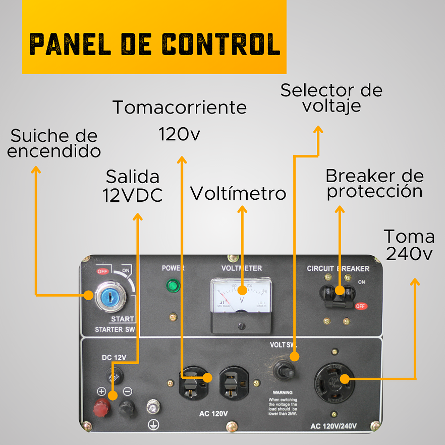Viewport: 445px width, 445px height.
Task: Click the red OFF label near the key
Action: (103, 271)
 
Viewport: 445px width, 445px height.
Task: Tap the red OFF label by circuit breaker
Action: (361, 306)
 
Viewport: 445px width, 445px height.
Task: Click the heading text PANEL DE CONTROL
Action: (154, 44)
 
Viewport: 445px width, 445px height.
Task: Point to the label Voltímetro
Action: (238, 194)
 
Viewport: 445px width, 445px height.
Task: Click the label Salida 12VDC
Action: (133, 186)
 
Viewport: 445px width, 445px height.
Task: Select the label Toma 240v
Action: (409, 245)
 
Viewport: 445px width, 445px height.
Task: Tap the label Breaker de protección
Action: (374, 184)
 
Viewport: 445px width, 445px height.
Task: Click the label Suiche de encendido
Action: (54, 143)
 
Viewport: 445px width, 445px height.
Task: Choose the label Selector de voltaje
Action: (331, 98)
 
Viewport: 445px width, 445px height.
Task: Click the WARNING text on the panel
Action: (283, 392)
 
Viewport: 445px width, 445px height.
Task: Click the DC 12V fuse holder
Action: (115, 375)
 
